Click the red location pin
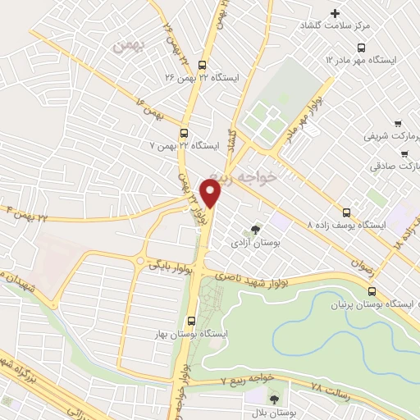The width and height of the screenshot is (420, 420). (x=212, y=194)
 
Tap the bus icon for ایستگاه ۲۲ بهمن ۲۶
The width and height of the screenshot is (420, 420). (x=203, y=68)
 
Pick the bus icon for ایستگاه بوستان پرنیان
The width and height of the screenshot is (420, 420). (x=373, y=292)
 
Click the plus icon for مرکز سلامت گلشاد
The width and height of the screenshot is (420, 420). (x=335, y=14)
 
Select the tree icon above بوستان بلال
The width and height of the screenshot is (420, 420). (x=274, y=399)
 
